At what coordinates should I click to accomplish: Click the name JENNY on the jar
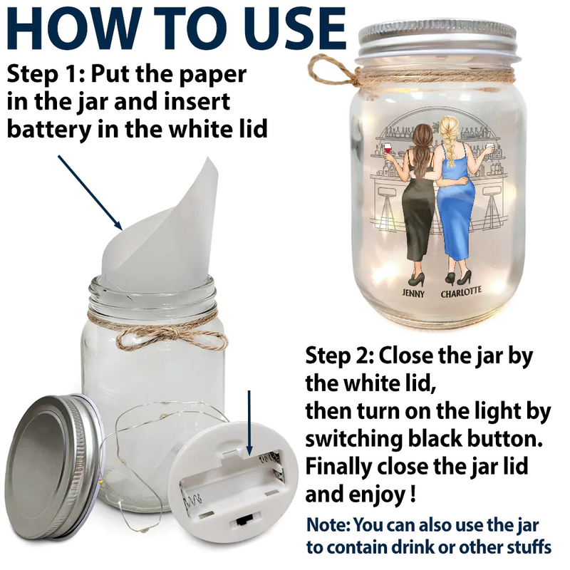pos(413,293)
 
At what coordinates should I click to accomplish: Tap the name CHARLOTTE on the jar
pos(461,292)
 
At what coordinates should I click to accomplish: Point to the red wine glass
pos(388,150)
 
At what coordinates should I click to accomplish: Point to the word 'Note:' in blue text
pos(328,525)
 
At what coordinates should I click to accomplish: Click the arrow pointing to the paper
pos(90,192)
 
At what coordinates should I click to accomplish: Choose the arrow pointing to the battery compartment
pos(249,423)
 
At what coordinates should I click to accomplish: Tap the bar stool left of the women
pos(387,208)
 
